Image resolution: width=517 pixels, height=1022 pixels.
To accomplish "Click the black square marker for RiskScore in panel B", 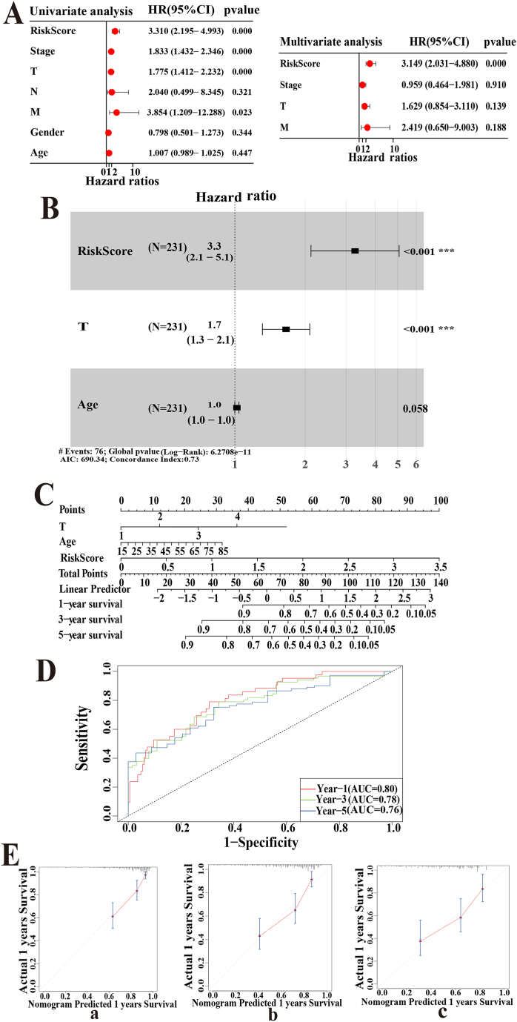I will click(355, 251).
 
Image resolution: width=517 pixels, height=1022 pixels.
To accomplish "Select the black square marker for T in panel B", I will click(286, 328).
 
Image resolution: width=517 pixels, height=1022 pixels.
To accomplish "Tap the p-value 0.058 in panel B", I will click(416, 408).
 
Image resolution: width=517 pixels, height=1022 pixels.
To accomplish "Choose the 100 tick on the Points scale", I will click(441, 500).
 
